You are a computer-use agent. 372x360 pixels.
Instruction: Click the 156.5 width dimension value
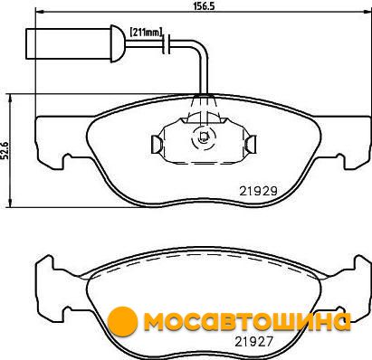[x=203, y=5]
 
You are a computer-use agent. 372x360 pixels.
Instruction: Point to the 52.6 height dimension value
[x=5, y=150]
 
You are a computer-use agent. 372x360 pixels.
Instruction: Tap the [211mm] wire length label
[x=147, y=32]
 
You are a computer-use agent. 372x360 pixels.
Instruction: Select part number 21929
[x=258, y=191]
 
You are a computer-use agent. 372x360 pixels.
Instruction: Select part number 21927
[x=253, y=341]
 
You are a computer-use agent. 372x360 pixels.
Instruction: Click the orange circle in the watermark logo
[x=122, y=321]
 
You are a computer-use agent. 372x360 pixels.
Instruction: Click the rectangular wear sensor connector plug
[x=69, y=43]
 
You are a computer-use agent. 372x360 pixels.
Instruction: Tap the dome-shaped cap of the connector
[x=118, y=43]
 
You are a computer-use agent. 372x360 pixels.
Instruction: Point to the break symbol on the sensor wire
[x=167, y=44]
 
